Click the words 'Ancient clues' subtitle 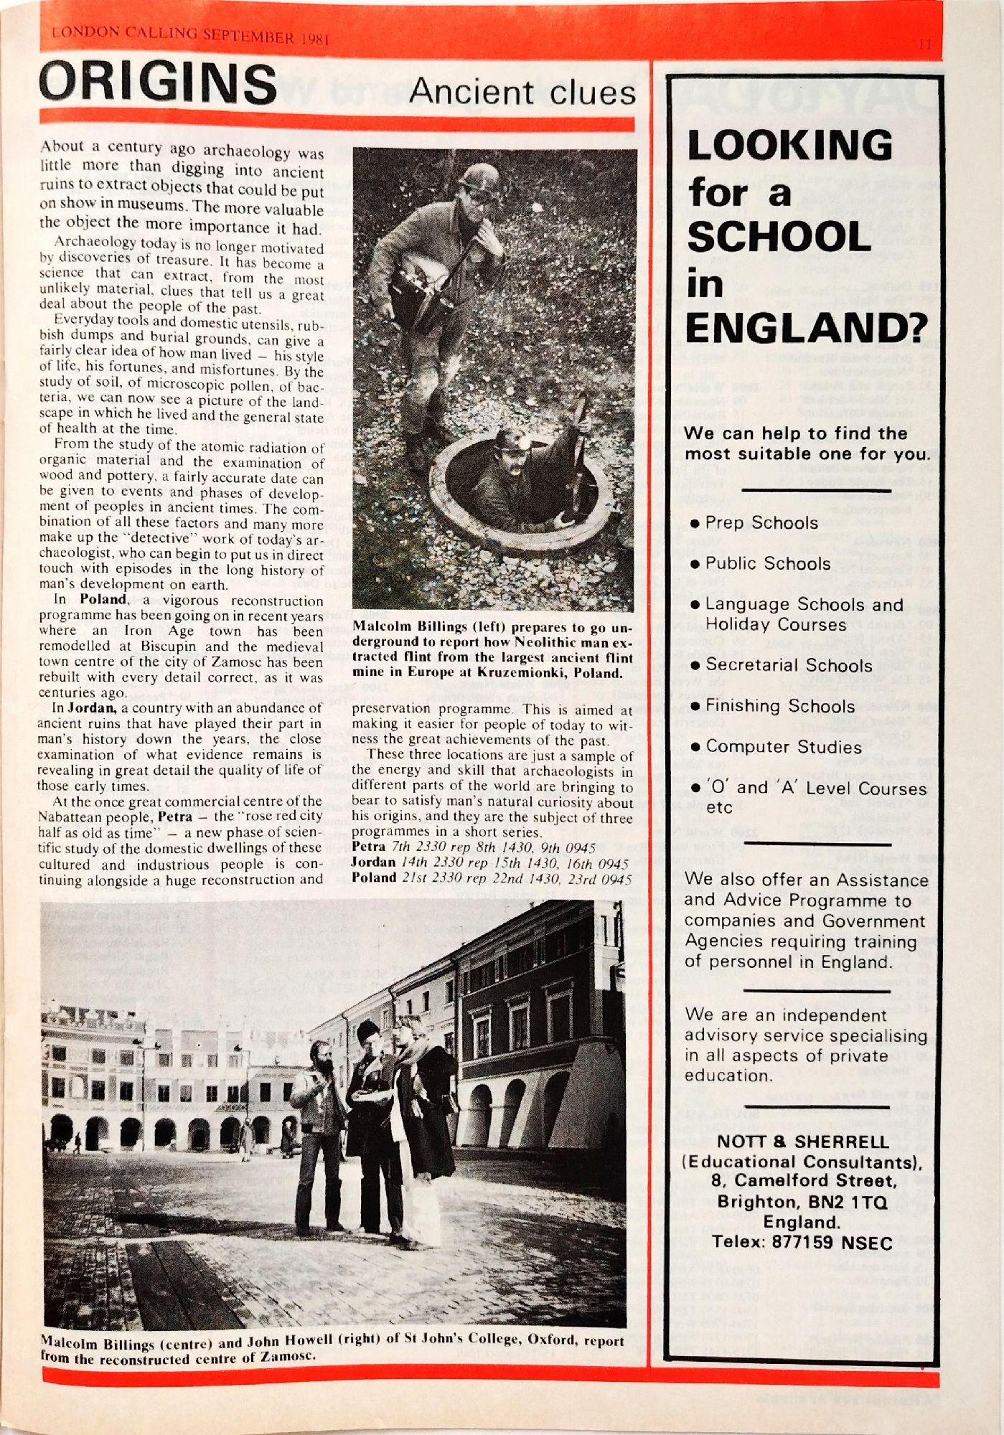pyautogui.click(x=522, y=93)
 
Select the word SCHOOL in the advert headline pyautogui.click(x=779, y=237)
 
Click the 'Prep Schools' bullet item pyautogui.click(x=761, y=522)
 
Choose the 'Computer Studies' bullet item pyautogui.click(x=783, y=747)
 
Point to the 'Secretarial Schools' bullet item pyautogui.click(x=779, y=665)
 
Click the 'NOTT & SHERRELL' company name pyautogui.click(x=802, y=1142)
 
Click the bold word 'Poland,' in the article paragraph pyautogui.click(x=104, y=599)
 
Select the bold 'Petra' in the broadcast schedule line pyautogui.click(x=370, y=847)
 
